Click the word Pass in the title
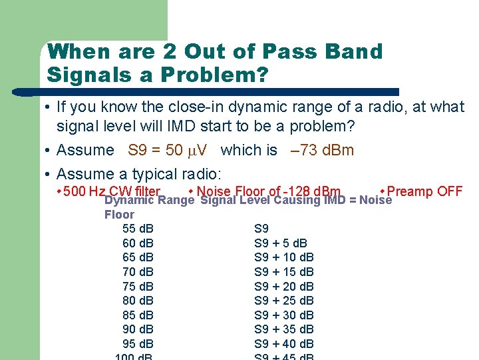(280, 51)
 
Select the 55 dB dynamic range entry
(138, 229)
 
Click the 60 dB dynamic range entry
(138, 243)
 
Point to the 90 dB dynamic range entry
(138, 329)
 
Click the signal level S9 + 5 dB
(281, 243)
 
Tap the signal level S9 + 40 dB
(284, 344)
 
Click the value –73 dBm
(323, 150)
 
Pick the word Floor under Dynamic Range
(119, 215)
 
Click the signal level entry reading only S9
(261, 229)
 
